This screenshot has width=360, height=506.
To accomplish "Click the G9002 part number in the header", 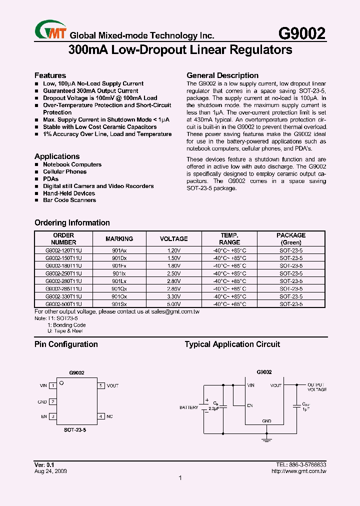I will point(301,33).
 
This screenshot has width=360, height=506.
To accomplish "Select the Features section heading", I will point(50,75).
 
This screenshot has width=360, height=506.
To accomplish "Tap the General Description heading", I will point(222,75).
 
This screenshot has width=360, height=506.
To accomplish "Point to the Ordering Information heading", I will point(72,223).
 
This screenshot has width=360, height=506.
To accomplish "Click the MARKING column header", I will point(119,239).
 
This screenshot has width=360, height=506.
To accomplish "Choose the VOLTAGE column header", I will point(174,239).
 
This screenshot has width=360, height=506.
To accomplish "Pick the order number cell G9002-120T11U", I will point(63,251).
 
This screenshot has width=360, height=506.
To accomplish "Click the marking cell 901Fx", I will point(119,266).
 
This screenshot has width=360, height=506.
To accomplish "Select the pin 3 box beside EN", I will point(52,416).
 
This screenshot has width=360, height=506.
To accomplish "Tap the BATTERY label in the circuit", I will point(188,407).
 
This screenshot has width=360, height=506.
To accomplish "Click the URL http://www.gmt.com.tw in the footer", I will point(298,471).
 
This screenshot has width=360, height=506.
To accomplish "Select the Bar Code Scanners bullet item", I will point(69,200).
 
